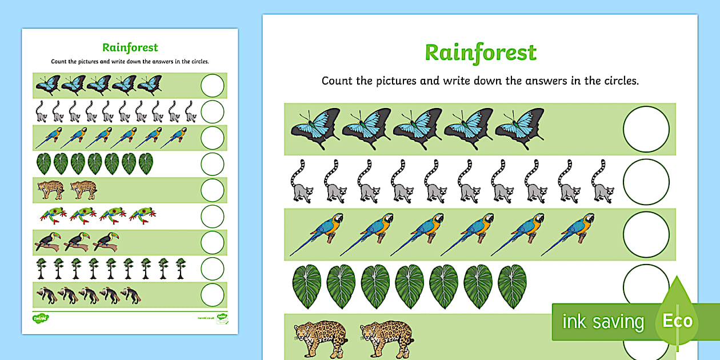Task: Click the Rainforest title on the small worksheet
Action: (x=130, y=47)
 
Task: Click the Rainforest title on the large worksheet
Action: (x=481, y=53)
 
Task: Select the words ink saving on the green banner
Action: (x=603, y=322)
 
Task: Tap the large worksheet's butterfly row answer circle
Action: (x=646, y=129)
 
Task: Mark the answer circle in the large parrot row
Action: (x=646, y=234)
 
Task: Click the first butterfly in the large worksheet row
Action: (x=315, y=129)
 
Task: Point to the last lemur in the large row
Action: (x=602, y=182)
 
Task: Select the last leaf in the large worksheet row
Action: (x=512, y=286)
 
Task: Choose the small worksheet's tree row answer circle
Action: (x=213, y=269)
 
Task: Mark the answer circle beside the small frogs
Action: (x=213, y=216)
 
